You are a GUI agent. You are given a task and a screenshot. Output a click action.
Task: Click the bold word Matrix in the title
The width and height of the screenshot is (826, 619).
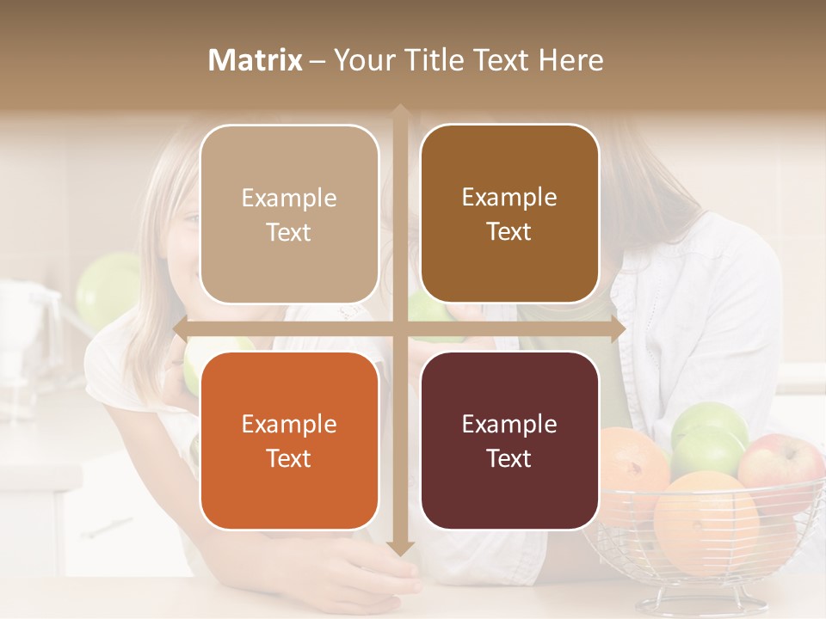click(256, 60)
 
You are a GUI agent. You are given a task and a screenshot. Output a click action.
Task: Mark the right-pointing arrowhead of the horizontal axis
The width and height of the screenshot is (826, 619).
click(617, 329)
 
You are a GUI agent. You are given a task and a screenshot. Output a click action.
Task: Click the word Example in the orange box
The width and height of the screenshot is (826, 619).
click(289, 425)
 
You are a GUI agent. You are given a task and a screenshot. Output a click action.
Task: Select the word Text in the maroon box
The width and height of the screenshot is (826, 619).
click(509, 459)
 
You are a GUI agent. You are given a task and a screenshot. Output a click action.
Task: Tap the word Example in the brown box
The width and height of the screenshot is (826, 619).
click(509, 198)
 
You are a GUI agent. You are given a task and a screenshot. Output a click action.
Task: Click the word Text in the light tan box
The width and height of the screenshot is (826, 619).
click(289, 233)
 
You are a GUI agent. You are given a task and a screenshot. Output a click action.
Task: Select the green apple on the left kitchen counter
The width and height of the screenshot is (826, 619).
click(108, 288)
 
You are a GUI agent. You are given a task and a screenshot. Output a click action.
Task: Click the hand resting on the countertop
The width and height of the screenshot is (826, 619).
click(361, 576)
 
